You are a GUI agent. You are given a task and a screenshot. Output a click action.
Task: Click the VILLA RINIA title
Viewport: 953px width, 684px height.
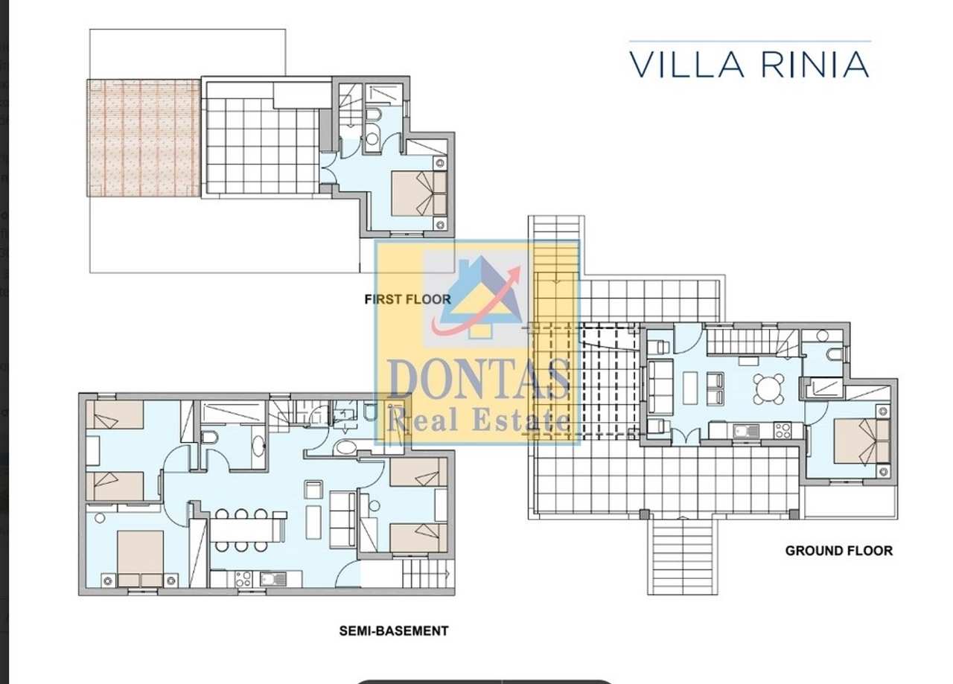[x=749, y=65]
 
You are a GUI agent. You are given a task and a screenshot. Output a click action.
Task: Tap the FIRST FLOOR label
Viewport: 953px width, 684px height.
[x=407, y=299]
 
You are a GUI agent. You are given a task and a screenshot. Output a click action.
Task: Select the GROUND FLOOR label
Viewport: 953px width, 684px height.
[x=839, y=551]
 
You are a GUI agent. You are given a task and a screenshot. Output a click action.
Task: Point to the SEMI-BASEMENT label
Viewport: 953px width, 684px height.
[x=394, y=631]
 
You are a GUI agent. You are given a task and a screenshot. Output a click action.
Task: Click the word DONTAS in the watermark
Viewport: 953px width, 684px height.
[x=479, y=380]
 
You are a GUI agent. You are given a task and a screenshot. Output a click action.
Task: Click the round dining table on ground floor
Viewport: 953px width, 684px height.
[x=768, y=389]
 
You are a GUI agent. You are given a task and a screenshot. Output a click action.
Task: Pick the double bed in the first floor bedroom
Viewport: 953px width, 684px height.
[x=419, y=194]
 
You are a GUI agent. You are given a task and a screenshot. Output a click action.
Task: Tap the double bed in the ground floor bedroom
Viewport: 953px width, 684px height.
[x=861, y=441]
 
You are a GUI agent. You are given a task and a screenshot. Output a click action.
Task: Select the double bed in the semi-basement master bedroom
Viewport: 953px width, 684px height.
[x=140, y=558]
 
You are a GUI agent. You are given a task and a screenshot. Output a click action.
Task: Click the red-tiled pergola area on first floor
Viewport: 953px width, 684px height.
[x=144, y=138]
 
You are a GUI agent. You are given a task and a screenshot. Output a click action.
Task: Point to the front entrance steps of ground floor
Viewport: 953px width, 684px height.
[x=683, y=557]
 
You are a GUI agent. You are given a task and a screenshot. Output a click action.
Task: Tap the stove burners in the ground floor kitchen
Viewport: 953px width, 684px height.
[x=782, y=430]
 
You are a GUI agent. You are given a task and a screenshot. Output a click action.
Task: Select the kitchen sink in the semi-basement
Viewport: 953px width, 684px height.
[x=272, y=579]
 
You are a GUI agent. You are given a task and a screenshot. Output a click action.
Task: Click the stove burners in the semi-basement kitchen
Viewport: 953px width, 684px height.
[x=243, y=579]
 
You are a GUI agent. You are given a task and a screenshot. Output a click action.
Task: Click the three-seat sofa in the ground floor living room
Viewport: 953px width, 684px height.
[x=660, y=387]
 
